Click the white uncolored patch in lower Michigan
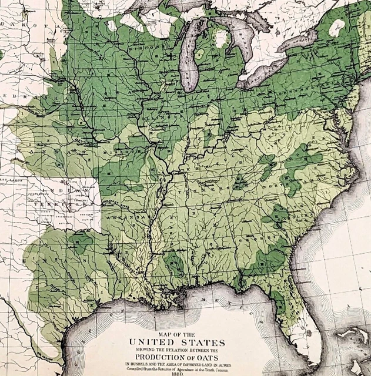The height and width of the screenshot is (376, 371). pos(220,39)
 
